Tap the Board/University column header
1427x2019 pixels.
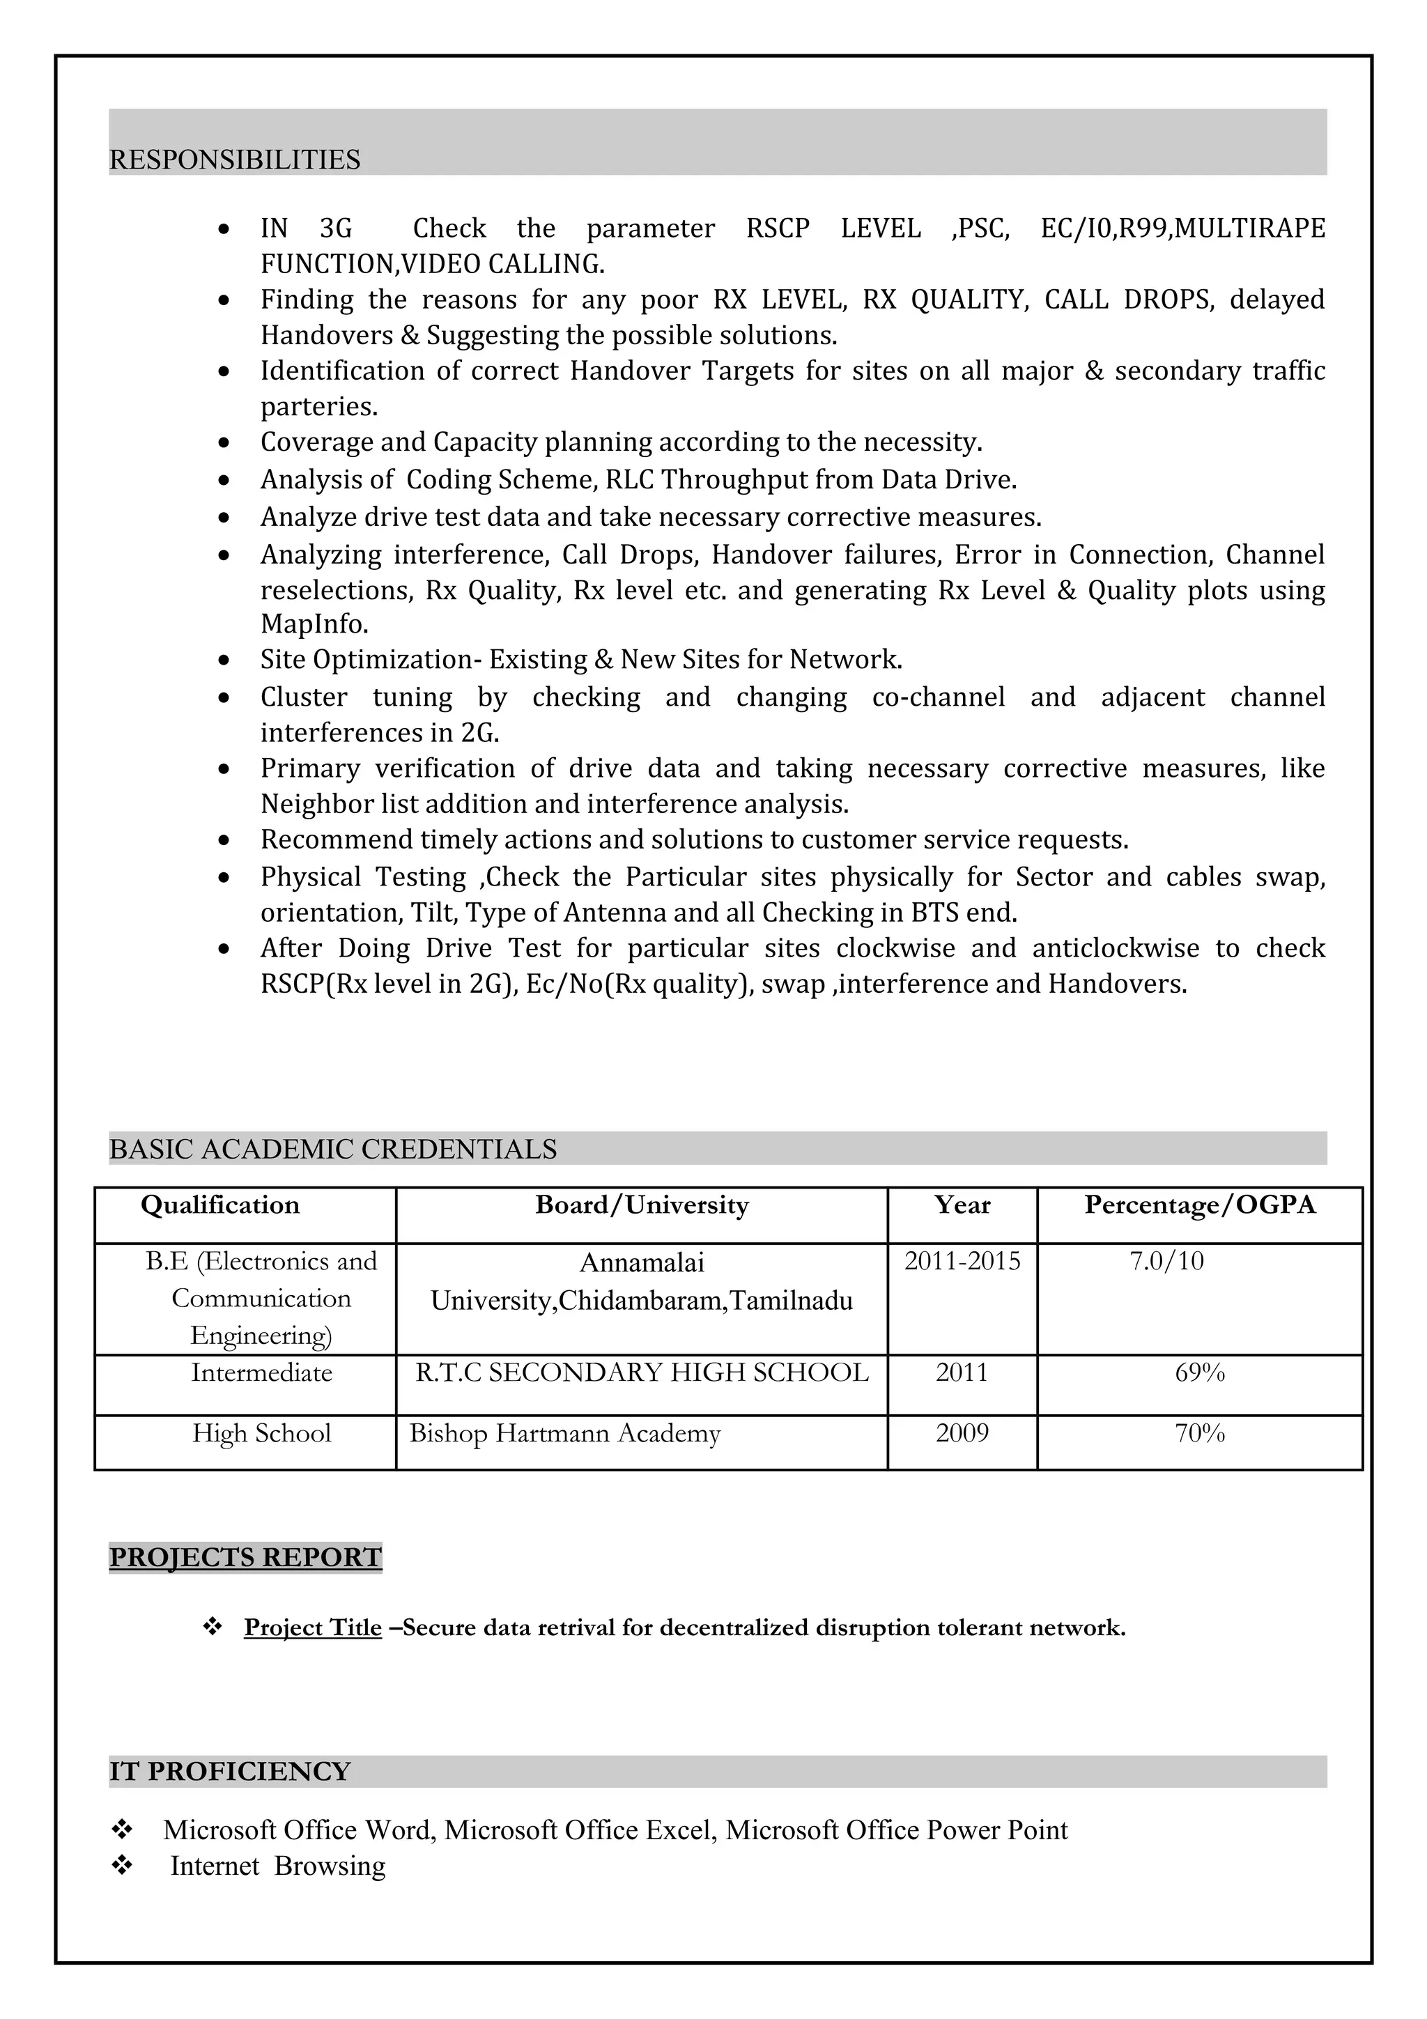(642, 1205)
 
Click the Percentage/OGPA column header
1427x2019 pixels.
(1199, 1205)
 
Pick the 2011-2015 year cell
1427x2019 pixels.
(962, 1261)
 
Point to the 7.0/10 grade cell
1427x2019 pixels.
(1166, 1261)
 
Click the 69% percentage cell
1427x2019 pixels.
(1199, 1372)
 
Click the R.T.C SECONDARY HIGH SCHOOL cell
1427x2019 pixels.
(642, 1372)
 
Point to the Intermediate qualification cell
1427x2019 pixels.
(261, 1372)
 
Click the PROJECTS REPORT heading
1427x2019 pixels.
(245, 1556)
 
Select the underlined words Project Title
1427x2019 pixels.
(313, 1627)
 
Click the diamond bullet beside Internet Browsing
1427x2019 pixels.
(121, 1866)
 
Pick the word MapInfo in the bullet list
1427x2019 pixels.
(314, 624)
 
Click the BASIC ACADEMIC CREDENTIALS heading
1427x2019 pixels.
(332, 1150)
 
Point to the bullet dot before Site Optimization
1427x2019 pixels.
(225, 660)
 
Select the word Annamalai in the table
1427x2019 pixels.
(642, 1263)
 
